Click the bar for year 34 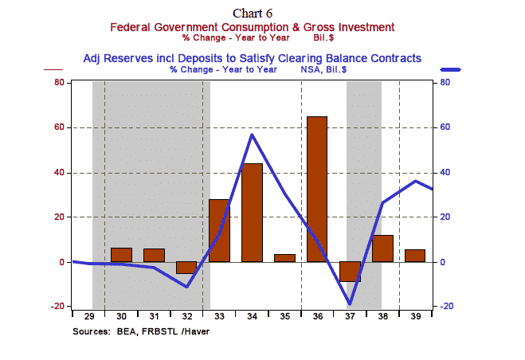[252, 212]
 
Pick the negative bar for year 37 [349, 272]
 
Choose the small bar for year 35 [284, 258]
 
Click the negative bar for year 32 [186, 268]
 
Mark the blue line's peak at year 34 [252, 134]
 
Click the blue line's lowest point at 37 [349, 304]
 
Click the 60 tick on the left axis [58, 127]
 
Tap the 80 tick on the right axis [447, 82]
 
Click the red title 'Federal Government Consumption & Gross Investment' [253, 27]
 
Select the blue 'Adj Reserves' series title [253, 58]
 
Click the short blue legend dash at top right [450, 69]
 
